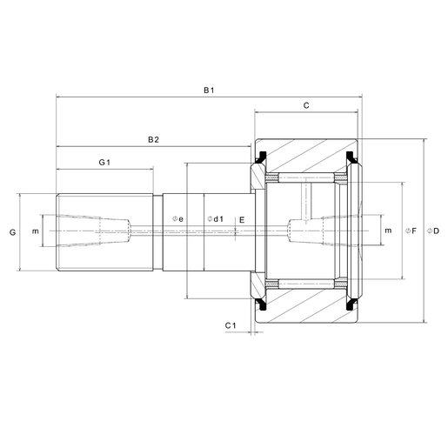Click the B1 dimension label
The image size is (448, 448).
pos(209,90)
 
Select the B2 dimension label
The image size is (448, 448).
pos(153,140)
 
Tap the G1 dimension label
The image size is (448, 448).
pos(104,163)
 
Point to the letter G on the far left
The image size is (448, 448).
pos(12,232)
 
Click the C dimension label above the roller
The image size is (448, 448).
pos(306,105)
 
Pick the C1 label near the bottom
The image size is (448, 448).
pos(231,325)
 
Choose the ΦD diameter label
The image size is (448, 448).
pos(433,231)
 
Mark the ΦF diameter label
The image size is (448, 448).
pos(411,231)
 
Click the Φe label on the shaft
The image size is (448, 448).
pos(177,219)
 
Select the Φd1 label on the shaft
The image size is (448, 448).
pos(216,219)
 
